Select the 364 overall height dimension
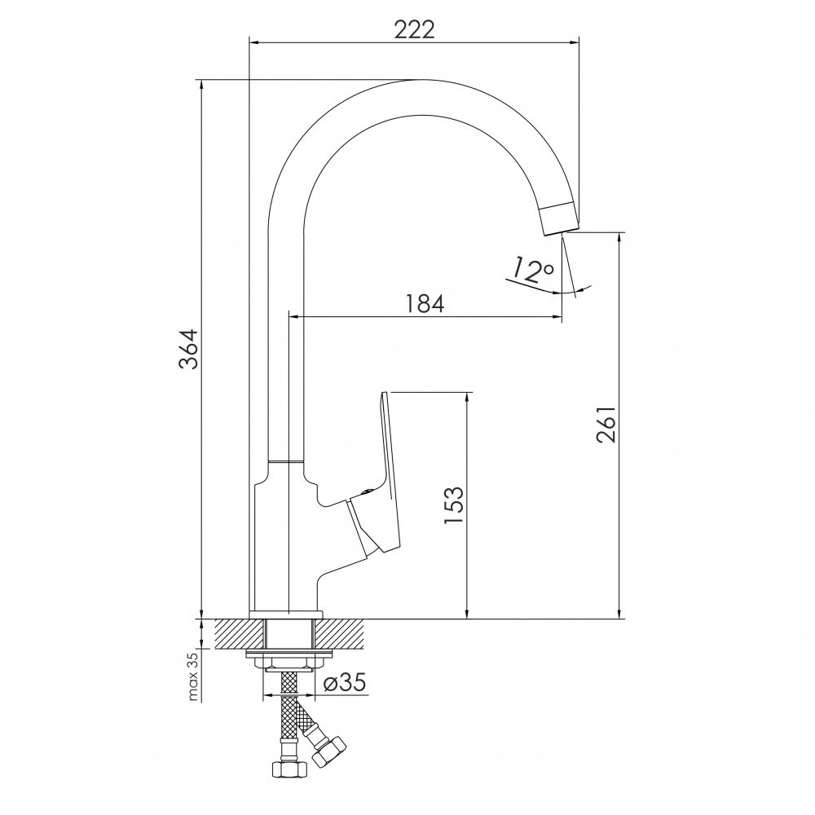pos(189,349)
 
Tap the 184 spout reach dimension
pos(425,304)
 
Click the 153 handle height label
pos(454,505)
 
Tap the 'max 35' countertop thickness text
pos(193,677)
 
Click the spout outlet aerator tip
pos(558,218)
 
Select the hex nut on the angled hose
pos(330,749)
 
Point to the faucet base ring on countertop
pos(285,614)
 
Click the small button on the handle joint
pos(368,491)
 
